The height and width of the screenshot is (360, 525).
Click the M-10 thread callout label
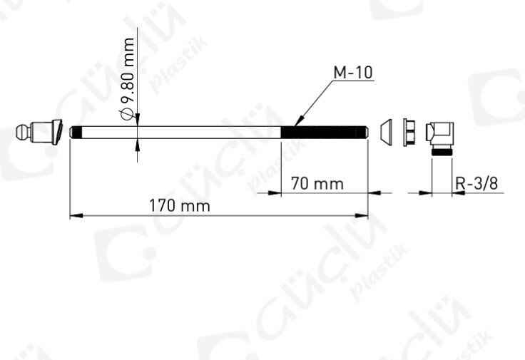pos(353,73)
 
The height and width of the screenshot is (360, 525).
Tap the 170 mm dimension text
pos(180,205)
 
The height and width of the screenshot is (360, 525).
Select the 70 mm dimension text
pos(317,183)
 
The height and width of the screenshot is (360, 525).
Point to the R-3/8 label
pos(476,183)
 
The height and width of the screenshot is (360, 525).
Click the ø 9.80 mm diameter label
pos(128,78)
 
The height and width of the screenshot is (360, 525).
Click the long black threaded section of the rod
pos(324,132)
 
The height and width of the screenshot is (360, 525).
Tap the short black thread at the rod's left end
pos(77,132)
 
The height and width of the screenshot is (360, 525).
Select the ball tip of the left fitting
pos(23,132)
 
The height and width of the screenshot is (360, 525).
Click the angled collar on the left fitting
pos(58,132)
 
